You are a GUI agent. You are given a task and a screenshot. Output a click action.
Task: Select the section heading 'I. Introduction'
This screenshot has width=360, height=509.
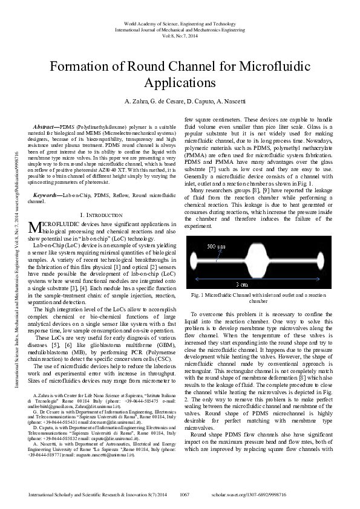100,199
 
